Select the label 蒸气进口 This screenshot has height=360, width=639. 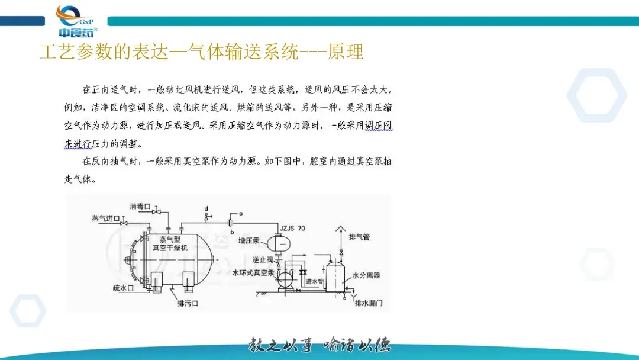[105, 218]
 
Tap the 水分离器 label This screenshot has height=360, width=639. [366, 275]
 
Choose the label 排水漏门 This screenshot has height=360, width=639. [369, 303]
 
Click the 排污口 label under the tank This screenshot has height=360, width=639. [187, 303]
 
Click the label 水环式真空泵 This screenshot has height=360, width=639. [253, 273]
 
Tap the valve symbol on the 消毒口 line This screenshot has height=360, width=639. [157, 212]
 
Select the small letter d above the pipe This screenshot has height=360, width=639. [206, 209]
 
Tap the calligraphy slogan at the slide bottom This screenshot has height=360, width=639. [319, 345]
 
